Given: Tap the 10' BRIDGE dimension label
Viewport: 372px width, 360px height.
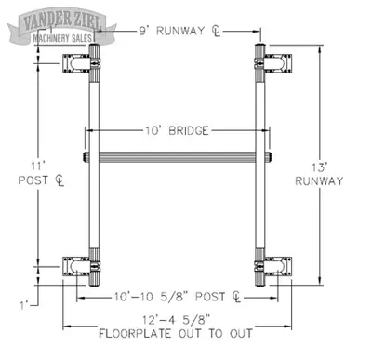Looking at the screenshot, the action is click(177, 130).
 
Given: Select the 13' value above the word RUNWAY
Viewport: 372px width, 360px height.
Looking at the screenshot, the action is click(320, 167).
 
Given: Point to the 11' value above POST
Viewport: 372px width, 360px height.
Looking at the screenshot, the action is click(37, 166).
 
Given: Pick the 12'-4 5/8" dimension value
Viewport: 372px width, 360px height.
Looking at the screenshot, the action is click(177, 320).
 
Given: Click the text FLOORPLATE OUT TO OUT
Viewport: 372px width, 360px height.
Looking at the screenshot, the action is click(176, 334).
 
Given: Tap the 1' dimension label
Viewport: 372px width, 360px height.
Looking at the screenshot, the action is click(24, 306).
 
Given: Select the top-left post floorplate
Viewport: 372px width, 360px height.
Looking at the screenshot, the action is click(76, 63).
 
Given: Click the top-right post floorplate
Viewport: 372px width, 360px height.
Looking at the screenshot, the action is click(278, 63).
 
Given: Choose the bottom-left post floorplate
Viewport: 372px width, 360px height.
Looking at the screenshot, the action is click(76, 266).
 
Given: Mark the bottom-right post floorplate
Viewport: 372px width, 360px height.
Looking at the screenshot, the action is click(278, 266).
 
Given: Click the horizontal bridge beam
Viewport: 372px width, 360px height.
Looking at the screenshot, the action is click(177, 157).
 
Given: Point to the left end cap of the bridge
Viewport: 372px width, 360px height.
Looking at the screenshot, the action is click(86, 157).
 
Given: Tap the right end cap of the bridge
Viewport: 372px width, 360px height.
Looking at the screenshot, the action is click(269, 157).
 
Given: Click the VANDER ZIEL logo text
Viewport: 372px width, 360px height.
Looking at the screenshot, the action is click(62, 20).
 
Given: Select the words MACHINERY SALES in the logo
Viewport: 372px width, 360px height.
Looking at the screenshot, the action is click(62, 38).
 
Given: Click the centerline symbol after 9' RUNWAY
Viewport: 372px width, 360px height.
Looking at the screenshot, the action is click(216, 31).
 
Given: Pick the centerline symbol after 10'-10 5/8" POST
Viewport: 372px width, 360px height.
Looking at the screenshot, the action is click(236, 297).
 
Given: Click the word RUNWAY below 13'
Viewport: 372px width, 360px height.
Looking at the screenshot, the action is click(319, 180).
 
